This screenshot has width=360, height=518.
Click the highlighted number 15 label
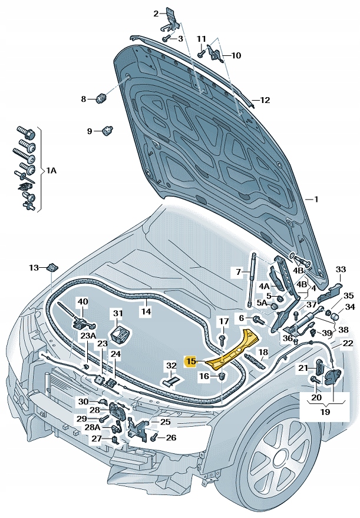(191, 361)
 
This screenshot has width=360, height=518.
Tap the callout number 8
(84, 99)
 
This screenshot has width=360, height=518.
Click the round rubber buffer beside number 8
(100, 97)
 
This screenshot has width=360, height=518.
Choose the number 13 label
(34, 268)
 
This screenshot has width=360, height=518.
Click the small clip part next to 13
(52, 267)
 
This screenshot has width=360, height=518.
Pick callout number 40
(82, 302)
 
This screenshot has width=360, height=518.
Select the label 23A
(88, 336)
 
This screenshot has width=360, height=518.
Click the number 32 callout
(171, 366)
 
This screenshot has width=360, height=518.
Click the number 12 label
(265, 100)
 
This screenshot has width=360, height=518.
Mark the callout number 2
(156, 14)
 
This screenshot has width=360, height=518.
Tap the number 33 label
(341, 270)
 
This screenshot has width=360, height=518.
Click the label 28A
(93, 428)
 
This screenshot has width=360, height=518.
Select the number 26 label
(171, 437)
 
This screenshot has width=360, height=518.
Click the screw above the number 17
(223, 339)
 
